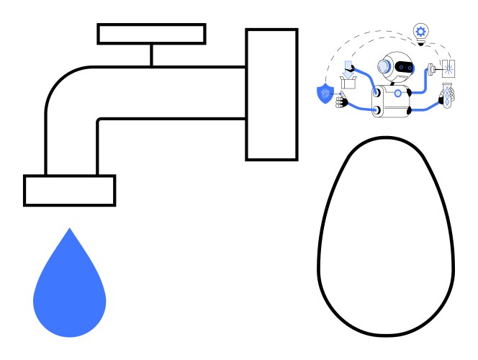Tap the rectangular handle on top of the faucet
tap(151, 34)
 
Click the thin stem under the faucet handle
tap(151, 55)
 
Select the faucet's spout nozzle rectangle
tap(69, 191)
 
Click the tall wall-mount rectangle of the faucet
tap(271, 94)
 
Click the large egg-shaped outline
tap(386, 238)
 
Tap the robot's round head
tap(397, 67)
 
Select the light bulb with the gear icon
tap(420, 32)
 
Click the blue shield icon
tap(325, 94)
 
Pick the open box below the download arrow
tap(349, 84)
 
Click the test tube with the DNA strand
tap(447, 96)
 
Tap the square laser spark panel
tap(448, 68)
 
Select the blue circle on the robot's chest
tap(397, 93)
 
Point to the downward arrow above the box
tap(348, 71)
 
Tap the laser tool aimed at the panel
tap(433, 69)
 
